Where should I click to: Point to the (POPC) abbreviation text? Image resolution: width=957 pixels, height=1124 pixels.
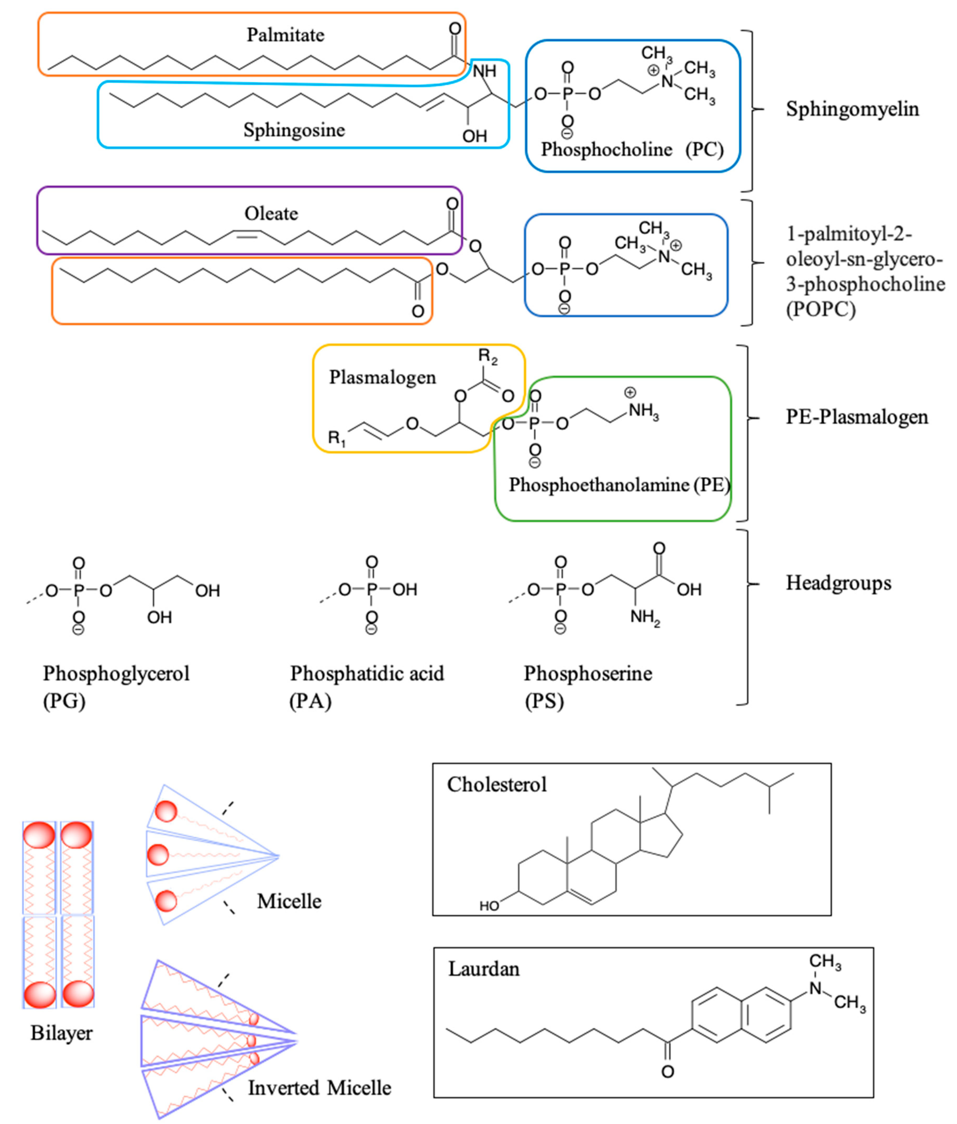(x=821, y=309)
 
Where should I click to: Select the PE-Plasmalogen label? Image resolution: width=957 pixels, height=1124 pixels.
(x=857, y=417)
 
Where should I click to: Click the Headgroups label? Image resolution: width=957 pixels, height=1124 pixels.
(x=838, y=583)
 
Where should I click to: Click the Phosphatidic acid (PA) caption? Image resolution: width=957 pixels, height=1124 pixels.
(x=367, y=687)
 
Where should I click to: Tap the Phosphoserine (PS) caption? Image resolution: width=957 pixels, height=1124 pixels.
(x=588, y=687)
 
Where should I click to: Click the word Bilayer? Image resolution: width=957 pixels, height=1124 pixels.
(x=61, y=1033)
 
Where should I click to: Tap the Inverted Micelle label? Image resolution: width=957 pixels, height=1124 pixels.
(x=319, y=1088)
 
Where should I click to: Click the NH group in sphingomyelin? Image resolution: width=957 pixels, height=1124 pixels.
(x=484, y=71)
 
